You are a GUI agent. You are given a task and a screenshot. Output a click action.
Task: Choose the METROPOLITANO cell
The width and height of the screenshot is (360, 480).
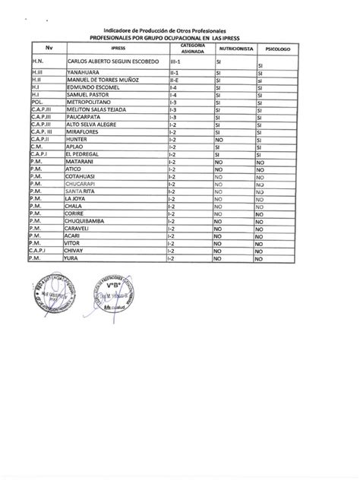[92, 101]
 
